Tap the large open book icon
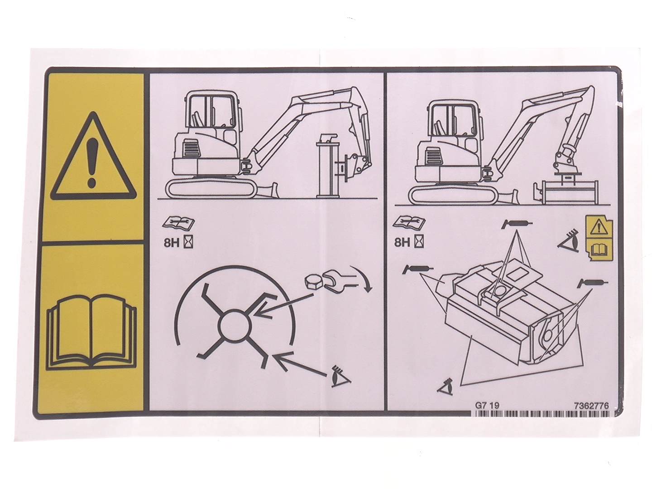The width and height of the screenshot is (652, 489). pos(91,332)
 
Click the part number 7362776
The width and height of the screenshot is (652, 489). pos(591,406)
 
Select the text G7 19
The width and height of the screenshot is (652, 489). pos(488,406)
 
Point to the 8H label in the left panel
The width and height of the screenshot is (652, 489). pos(172,243)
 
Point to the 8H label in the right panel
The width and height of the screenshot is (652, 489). pos(402,243)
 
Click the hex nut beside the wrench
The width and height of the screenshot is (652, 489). pos(314,280)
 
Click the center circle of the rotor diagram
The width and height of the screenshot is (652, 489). pos(235,326)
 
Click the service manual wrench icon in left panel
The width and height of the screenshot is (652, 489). pos(178,223)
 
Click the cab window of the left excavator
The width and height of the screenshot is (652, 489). pos(211,111)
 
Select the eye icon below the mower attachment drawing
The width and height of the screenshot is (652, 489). pos(446,388)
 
